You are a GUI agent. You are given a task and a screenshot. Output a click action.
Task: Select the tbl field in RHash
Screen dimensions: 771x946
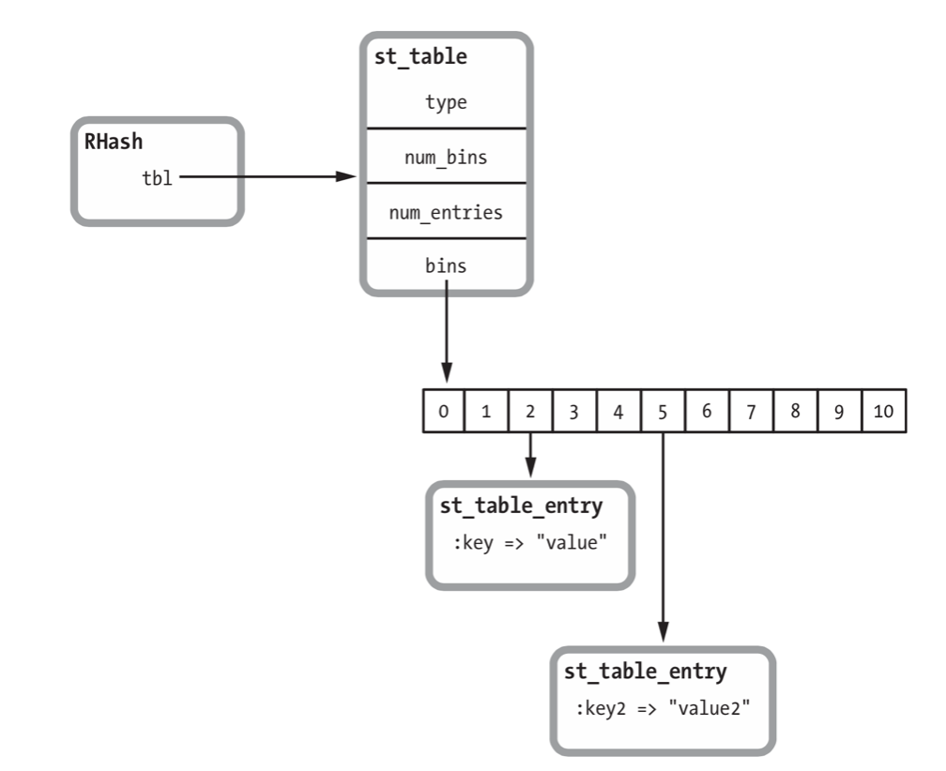[157, 177]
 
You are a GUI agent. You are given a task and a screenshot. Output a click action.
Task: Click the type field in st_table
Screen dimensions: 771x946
[446, 102]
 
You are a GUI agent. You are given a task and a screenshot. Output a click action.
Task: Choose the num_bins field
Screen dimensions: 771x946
[446, 157]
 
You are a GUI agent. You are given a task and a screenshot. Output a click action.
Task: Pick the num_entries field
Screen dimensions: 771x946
[446, 212]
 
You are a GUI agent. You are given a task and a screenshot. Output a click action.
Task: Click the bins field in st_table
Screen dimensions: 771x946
[446, 265]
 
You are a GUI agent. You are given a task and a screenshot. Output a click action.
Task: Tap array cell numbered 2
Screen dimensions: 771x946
[530, 411]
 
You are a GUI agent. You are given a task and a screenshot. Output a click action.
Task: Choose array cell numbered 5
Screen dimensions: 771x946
[663, 411]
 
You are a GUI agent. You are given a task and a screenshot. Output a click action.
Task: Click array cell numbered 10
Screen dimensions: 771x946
[884, 411]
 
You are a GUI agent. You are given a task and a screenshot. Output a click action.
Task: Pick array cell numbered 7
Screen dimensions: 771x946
[750, 411]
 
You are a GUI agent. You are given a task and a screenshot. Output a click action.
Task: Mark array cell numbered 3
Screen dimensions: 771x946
[574, 411]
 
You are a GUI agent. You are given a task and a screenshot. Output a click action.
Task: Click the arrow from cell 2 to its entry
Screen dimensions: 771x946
[530, 456]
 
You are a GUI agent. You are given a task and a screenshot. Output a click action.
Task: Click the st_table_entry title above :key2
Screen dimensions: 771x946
[645, 672]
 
